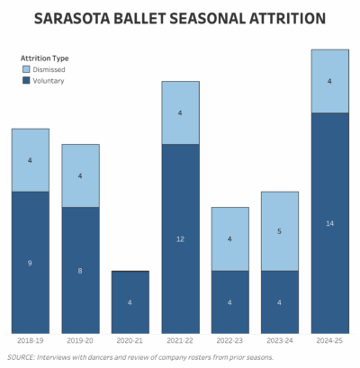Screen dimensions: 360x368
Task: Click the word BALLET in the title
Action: pyautogui.click(x=139, y=19)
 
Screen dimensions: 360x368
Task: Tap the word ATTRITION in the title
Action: pyautogui.click(x=287, y=19)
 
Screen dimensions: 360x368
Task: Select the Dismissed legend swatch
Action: pyautogui.click(x=26, y=69)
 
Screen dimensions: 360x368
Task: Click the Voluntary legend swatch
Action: pyautogui.click(x=26, y=80)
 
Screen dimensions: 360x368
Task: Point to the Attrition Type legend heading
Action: pyautogui.click(x=45, y=58)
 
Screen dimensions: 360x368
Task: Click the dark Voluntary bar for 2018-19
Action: pyautogui.click(x=31, y=263)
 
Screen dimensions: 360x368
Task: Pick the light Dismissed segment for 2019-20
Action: pyautogui.click(x=80, y=175)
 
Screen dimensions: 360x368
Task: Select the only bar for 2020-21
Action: pyautogui.click(x=130, y=302)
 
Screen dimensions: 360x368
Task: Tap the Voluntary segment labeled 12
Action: pyautogui.click(x=180, y=238)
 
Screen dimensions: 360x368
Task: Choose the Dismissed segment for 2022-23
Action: pyautogui.click(x=230, y=239)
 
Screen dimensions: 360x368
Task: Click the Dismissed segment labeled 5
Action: pyautogui.click(x=280, y=231)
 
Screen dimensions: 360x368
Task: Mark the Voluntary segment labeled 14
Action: pyautogui.click(x=330, y=223)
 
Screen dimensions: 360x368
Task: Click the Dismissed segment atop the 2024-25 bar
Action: pyautogui.click(x=330, y=81)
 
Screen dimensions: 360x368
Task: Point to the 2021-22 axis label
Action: pyautogui.click(x=180, y=341)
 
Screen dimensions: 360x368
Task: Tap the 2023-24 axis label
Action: pyautogui.click(x=280, y=341)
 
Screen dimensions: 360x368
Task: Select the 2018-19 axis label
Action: pyautogui.click(x=31, y=341)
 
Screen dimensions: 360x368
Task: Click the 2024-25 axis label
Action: pyautogui.click(x=329, y=341)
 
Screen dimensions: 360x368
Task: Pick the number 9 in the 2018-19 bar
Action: pyautogui.click(x=30, y=263)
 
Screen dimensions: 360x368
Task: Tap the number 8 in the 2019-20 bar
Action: pyautogui.click(x=80, y=271)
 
